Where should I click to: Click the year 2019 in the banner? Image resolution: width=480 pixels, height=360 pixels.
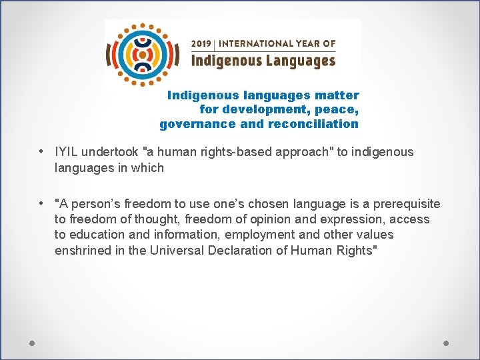201,43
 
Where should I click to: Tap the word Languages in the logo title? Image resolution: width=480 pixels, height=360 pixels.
299,61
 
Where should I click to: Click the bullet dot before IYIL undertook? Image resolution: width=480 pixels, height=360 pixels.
42,151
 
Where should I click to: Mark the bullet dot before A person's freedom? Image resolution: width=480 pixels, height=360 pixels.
42,203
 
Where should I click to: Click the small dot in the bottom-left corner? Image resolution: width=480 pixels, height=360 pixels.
32,343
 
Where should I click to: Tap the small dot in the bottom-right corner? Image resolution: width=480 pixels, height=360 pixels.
446,343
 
